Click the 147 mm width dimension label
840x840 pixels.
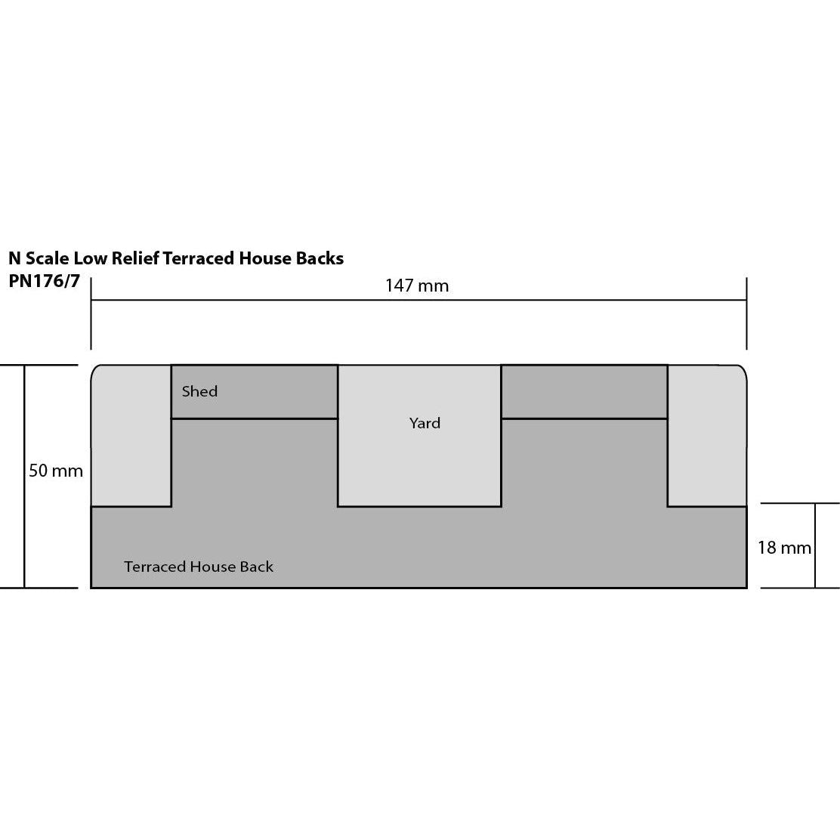(416, 286)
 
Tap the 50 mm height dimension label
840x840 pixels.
(56, 471)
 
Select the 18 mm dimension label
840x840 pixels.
(784, 547)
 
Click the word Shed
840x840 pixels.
(199, 391)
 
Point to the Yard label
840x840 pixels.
(425, 423)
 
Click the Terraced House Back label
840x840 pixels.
(199, 567)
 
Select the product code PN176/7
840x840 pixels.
(44, 281)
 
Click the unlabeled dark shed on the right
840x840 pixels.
(584, 391)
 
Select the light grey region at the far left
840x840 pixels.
(131, 437)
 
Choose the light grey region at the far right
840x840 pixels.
(707, 437)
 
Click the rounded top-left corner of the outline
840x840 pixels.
(95, 369)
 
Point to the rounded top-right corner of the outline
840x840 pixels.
(743, 369)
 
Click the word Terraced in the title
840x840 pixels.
(199, 258)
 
